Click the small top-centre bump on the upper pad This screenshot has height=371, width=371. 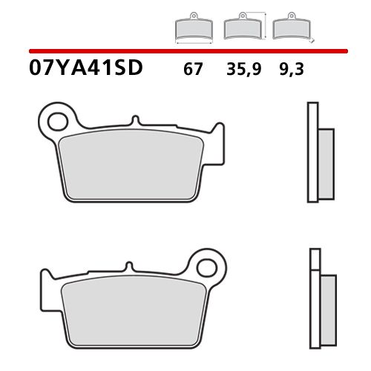pyautogui.click(x=134, y=122)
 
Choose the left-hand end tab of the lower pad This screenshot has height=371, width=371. pyautogui.click(x=45, y=286)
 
